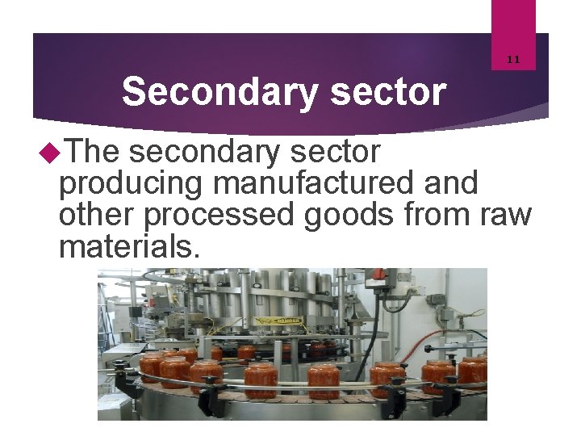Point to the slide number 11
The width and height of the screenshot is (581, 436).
click(x=513, y=59)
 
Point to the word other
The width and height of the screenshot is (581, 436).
click(x=97, y=215)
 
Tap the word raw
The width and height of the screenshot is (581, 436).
click(x=507, y=215)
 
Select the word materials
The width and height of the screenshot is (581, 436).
click(x=127, y=247)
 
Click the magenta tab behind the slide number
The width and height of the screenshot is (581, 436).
click(x=513, y=24)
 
